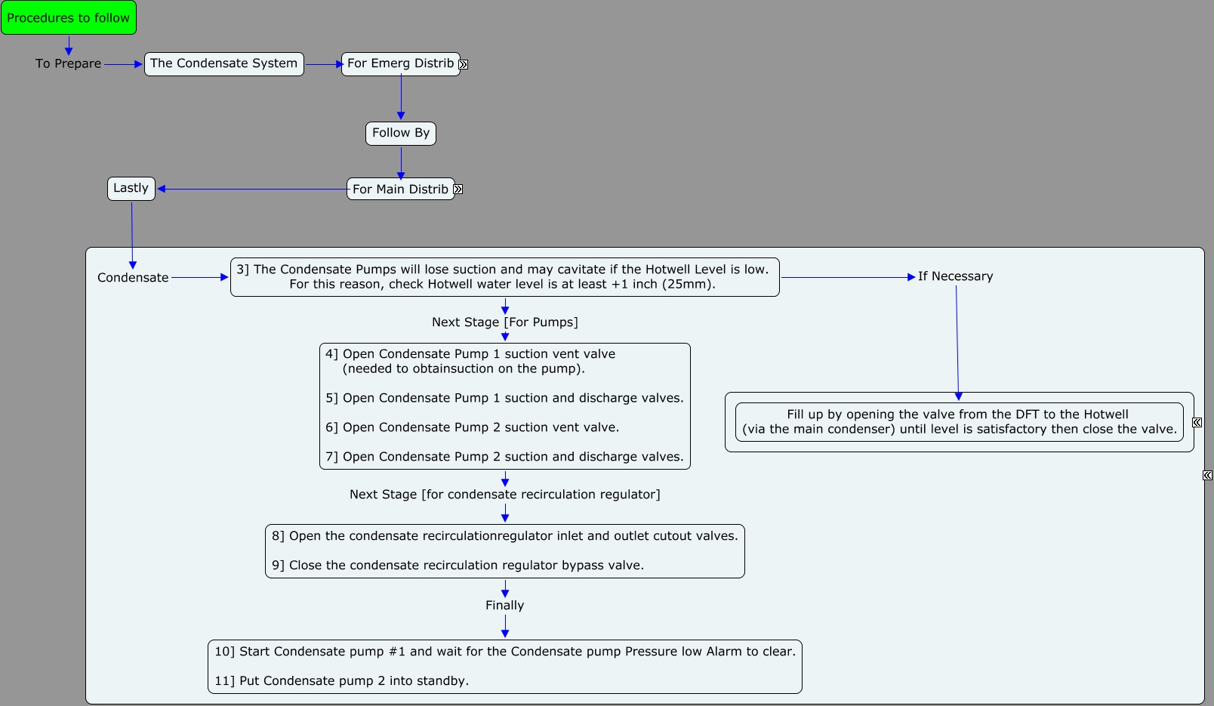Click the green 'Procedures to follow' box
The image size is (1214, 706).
point(69,17)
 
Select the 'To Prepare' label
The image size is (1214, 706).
point(68,63)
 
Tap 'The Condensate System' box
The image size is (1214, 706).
point(223,64)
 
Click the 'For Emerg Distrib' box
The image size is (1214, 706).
point(400,64)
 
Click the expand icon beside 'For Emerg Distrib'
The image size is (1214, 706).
point(464,64)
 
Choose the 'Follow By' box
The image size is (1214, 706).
point(400,134)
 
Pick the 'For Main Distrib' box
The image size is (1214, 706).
point(400,189)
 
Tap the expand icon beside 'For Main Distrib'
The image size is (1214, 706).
point(458,190)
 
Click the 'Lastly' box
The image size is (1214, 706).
point(131,189)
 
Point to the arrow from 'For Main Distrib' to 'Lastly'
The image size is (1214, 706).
point(253,190)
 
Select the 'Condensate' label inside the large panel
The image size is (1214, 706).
point(133,278)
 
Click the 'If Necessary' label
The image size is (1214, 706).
point(956,276)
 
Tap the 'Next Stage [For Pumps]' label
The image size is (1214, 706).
point(505,322)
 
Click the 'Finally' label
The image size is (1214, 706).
point(504,605)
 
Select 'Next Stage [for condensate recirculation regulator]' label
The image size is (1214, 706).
point(505,495)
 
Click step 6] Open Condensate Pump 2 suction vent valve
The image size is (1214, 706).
point(472,427)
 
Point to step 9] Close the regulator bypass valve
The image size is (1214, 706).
point(458,565)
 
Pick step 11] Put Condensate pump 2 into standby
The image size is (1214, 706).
point(341,680)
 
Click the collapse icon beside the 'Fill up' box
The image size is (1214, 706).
point(1197,422)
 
